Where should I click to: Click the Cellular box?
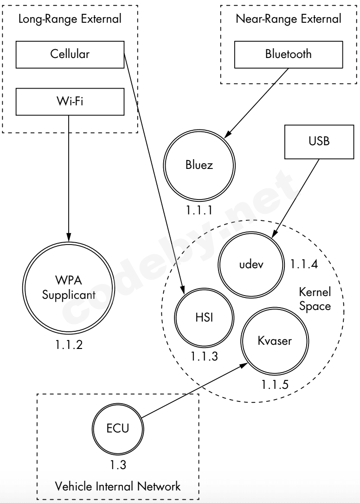coord(70,54)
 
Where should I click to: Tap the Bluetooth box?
coord(288,54)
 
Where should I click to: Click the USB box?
coord(319,142)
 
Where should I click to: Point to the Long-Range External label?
coord(70,19)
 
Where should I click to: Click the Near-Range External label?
coord(288,19)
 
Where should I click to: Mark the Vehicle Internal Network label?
coord(117,487)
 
